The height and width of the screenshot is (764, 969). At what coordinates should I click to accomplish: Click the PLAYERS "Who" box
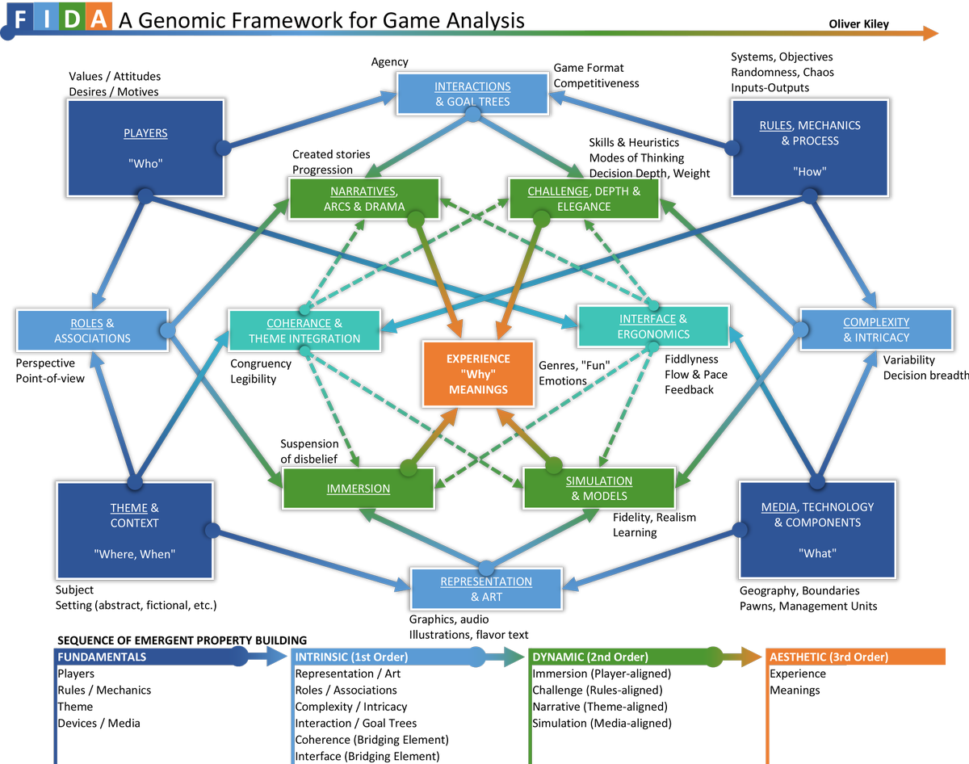pyautogui.click(x=145, y=147)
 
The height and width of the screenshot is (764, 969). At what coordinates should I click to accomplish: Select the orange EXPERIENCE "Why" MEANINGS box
pyautogui.click(x=478, y=374)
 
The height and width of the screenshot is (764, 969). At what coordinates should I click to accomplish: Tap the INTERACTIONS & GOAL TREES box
pyautogui.click(x=472, y=94)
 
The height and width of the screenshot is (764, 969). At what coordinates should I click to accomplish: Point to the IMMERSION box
pyautogui.click(x=359, y=488)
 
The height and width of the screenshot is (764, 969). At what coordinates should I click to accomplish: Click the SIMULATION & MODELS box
pyautogui.click(x=598, y=488)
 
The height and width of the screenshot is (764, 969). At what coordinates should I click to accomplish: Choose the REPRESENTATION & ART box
pyautogui.click(x=485, y=589)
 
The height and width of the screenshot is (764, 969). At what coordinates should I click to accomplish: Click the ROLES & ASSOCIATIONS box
pyautogui.click(x=92, y=330)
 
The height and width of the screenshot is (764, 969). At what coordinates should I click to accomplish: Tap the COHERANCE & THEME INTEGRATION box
pyautogui.click(x=304, y=330)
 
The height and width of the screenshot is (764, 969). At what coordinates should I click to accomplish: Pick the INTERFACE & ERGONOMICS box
pyautogui.click(x=653, y=326)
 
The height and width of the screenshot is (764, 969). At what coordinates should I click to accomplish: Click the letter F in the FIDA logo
pyautogui.click(x=21, y=19)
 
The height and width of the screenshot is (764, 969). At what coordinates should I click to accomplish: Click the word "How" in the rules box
pyautogui.click(x=809, y=171)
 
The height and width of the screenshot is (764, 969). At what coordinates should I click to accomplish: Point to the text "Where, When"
pyautogui.click(x=134, y=554)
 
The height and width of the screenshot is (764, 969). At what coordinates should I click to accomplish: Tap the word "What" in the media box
pyautogui.click(x=817, y=553)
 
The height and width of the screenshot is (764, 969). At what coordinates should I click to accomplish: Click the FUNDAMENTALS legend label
pyautogui.click(x=102, y=657)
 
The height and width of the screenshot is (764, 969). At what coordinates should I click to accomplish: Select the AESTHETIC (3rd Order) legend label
pyautogui.click(x=828, y=657)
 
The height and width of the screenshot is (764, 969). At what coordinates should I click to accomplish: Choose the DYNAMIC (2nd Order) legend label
pyautogui.click(x=590, y=657)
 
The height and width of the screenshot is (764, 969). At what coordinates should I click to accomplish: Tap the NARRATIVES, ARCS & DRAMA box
pyautogui.click(x=364, y=199)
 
